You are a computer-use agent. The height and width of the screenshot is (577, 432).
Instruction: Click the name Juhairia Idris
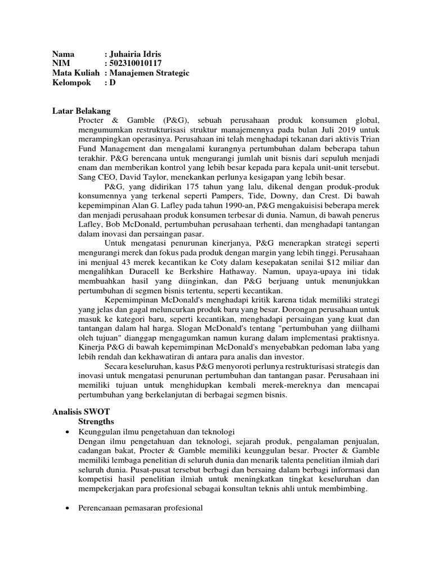[x=137, y=54]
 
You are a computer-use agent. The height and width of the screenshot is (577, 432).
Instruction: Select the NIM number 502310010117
[x=138, y=64]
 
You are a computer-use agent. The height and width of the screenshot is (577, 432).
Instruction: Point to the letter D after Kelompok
[x=112, y=83]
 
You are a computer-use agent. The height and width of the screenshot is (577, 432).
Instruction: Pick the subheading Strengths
[x=96, y=421]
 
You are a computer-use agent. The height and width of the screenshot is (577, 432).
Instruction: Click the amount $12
[x=319, y=263]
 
